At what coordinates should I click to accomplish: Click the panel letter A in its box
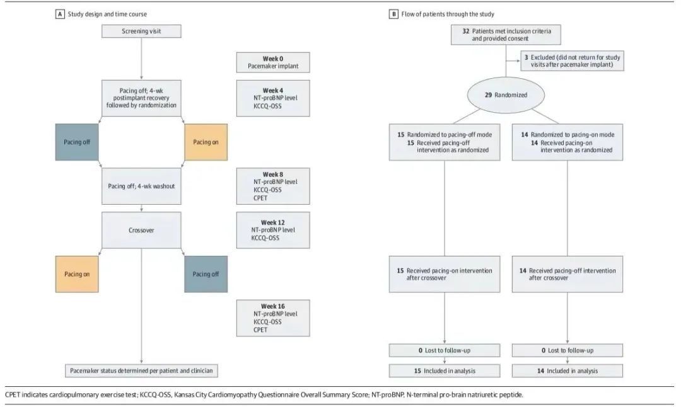[60, 14]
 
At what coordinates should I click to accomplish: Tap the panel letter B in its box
[393, 14]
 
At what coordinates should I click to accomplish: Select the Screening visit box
[141, 32]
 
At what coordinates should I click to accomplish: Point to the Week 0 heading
[273, 59]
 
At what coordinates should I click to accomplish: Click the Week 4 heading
[273, 91]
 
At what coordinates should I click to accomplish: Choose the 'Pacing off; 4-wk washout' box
[141, 186]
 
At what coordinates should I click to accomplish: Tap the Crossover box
[141, 230]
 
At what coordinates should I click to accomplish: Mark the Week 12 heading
[273, 222]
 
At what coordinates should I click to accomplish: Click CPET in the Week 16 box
[260, 330]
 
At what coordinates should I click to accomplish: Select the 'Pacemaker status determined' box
[141, 370]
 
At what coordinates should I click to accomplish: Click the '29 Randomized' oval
[506, 95]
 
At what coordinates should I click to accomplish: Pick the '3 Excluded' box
[572, 60]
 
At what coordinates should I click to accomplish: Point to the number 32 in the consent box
[466, 32]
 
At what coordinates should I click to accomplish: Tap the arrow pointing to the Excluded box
[513, 60]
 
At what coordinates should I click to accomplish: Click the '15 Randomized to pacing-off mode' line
[445, 134]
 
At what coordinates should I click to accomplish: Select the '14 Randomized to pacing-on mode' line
[567, 134]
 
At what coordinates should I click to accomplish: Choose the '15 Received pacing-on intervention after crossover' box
[445, 274]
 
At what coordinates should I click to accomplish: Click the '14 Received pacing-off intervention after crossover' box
[567, 274]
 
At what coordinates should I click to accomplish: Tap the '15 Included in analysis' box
[445, 370]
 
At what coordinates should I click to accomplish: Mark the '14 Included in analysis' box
[567, 370]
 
